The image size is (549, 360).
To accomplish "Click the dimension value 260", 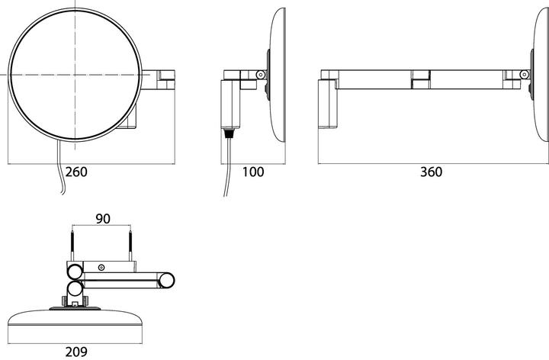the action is point(76,172).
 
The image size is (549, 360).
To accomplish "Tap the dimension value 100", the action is point(253,172).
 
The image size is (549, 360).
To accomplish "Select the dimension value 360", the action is point(431,172).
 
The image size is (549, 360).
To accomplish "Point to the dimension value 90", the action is point(103,219).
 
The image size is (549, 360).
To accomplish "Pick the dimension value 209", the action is point(76,352).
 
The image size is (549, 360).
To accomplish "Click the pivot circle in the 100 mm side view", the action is point(261,75).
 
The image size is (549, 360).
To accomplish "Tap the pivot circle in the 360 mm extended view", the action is point(524,74).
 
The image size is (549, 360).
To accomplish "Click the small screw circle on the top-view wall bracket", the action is point(101,268).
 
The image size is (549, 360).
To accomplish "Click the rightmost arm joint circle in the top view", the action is point(167,280).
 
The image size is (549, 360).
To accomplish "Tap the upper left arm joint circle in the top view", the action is point(75,272).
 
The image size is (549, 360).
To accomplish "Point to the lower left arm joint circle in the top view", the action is point(75,289).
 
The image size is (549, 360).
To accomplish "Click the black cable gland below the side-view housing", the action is point(230,133).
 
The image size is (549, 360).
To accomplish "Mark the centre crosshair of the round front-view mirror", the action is point(75,75).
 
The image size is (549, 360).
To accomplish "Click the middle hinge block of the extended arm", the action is point(420,79).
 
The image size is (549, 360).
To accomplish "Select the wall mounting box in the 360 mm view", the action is point(328,104).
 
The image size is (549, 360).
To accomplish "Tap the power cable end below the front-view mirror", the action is point(63,193).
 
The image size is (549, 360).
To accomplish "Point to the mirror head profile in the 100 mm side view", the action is point(278,75).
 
